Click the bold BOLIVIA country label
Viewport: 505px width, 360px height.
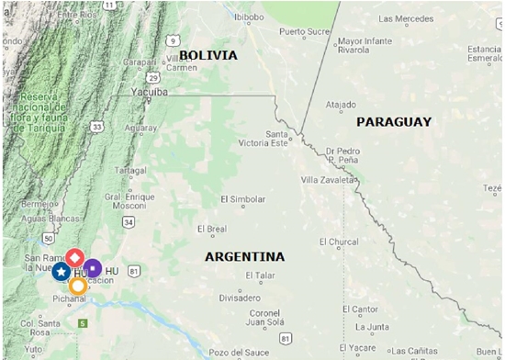[208, 55]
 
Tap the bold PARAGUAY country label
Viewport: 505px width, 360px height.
[393, 121]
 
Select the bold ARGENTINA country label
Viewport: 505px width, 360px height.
[244, 256]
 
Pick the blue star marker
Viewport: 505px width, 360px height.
[61, 271]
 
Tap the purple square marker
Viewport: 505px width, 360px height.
[92, 267]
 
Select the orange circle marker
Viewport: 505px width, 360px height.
[78, 286]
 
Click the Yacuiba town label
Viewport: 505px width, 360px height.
[148, 93]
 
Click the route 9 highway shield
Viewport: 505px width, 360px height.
[172, 40]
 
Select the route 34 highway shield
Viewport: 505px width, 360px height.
[129, 221]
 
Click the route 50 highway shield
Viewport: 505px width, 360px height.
[46, 239]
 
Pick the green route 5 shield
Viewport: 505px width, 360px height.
[82, 323]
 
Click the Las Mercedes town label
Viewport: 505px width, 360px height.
[406, 18]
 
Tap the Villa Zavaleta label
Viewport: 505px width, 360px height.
[327, 180]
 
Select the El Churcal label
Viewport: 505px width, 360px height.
[339, 242]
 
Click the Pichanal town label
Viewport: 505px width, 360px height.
[70, 299]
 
